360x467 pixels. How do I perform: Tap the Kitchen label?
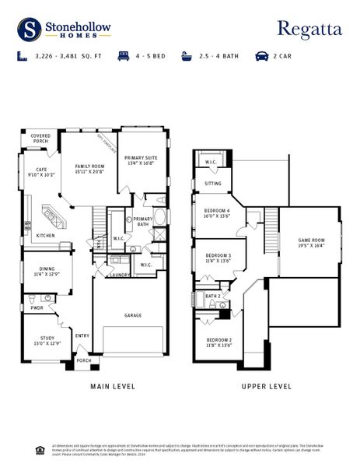(x=45, y=236)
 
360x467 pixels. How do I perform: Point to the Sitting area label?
(x=212, y=184)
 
